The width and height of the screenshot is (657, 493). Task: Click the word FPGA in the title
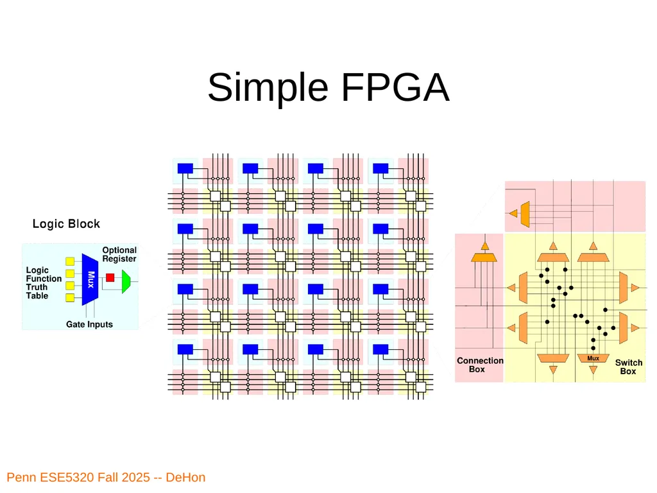click(x=395, y=87)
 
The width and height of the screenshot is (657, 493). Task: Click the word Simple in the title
click(x=268, y=89)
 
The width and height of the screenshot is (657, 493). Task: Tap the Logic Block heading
click(x=66, y=224)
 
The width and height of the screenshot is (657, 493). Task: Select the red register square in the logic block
click(x=110, y=277)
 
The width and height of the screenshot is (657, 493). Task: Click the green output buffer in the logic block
click(x=126, y=281)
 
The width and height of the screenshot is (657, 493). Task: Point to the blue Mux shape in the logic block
click(x=90, y=280)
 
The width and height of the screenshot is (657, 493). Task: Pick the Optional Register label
click(x=119, y=254)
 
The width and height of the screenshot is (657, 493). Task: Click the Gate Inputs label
click(x=89, y=324)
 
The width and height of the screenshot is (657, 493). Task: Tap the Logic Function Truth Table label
click(x=44, y=283)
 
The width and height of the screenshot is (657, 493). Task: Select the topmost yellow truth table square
click(x=70, y=262)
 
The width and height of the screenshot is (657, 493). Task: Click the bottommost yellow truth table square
click(x=70, y=298)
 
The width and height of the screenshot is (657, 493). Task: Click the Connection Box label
click(x=480, y=365)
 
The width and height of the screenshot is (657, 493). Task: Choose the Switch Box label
click(x=629, y=367)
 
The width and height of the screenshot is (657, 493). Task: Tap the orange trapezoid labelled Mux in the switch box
click(x=593, y=358)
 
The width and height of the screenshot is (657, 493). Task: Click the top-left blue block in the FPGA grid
click(x=185, y=169)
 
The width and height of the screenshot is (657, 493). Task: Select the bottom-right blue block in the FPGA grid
click(x=380, y=350)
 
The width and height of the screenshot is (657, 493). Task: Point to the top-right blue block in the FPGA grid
click(x=380, y=169)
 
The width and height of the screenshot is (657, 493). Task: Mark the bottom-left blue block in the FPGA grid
click(x=185, y=350)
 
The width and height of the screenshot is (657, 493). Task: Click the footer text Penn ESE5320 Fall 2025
click(x=78, y=478)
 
